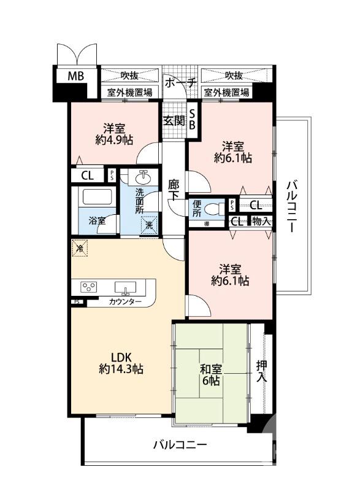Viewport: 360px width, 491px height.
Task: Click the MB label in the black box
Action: pyautogui.click(x=75, y=77)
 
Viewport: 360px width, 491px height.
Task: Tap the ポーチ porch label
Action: pyautogui.click(x=180, y=82)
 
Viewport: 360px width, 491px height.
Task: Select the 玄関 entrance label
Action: pyautogui.click(x=174, y=120)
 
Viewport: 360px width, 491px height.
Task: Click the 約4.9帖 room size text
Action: pyautogui.click(x=114, y=140)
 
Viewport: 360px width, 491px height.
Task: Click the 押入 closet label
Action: pyautogui.click(x=262, y=369)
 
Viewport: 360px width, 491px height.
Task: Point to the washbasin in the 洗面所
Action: pyautogui.click(x=143, y=177)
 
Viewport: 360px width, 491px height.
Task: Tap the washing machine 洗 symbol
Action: pyautogui.click(x=149, y=225)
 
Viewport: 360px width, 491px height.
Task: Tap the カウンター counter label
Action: pyautogui.click(x=125, y=303)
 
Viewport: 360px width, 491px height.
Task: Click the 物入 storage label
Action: pyautogui.click(x=261, y=221)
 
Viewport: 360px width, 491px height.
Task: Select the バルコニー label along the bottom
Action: pyautogui.click(x=180, y=444)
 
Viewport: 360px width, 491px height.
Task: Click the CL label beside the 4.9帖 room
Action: pyautogui.click(x=87, y=176)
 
